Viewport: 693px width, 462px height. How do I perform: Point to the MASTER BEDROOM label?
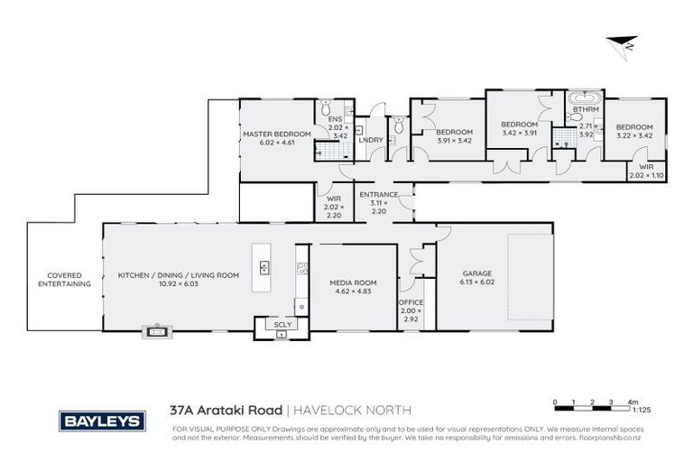click(x=276, y=134)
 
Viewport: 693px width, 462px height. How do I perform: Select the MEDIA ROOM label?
click(x=353, y=282)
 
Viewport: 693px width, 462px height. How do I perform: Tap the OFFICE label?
click(x=411, y=302)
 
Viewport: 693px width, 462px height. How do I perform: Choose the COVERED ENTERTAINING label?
click(x=64, y=279)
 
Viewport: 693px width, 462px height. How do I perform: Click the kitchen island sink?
click(x=265, y=267)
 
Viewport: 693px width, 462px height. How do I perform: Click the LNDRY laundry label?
click(x=370, y=140)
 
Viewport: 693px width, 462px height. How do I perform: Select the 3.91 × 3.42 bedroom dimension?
click(x=454, y=140)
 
